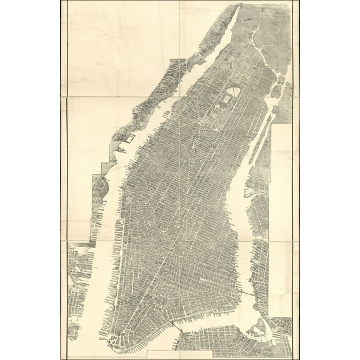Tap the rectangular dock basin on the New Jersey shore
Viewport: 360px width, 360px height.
128,135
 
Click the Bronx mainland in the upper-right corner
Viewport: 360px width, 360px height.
275,25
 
